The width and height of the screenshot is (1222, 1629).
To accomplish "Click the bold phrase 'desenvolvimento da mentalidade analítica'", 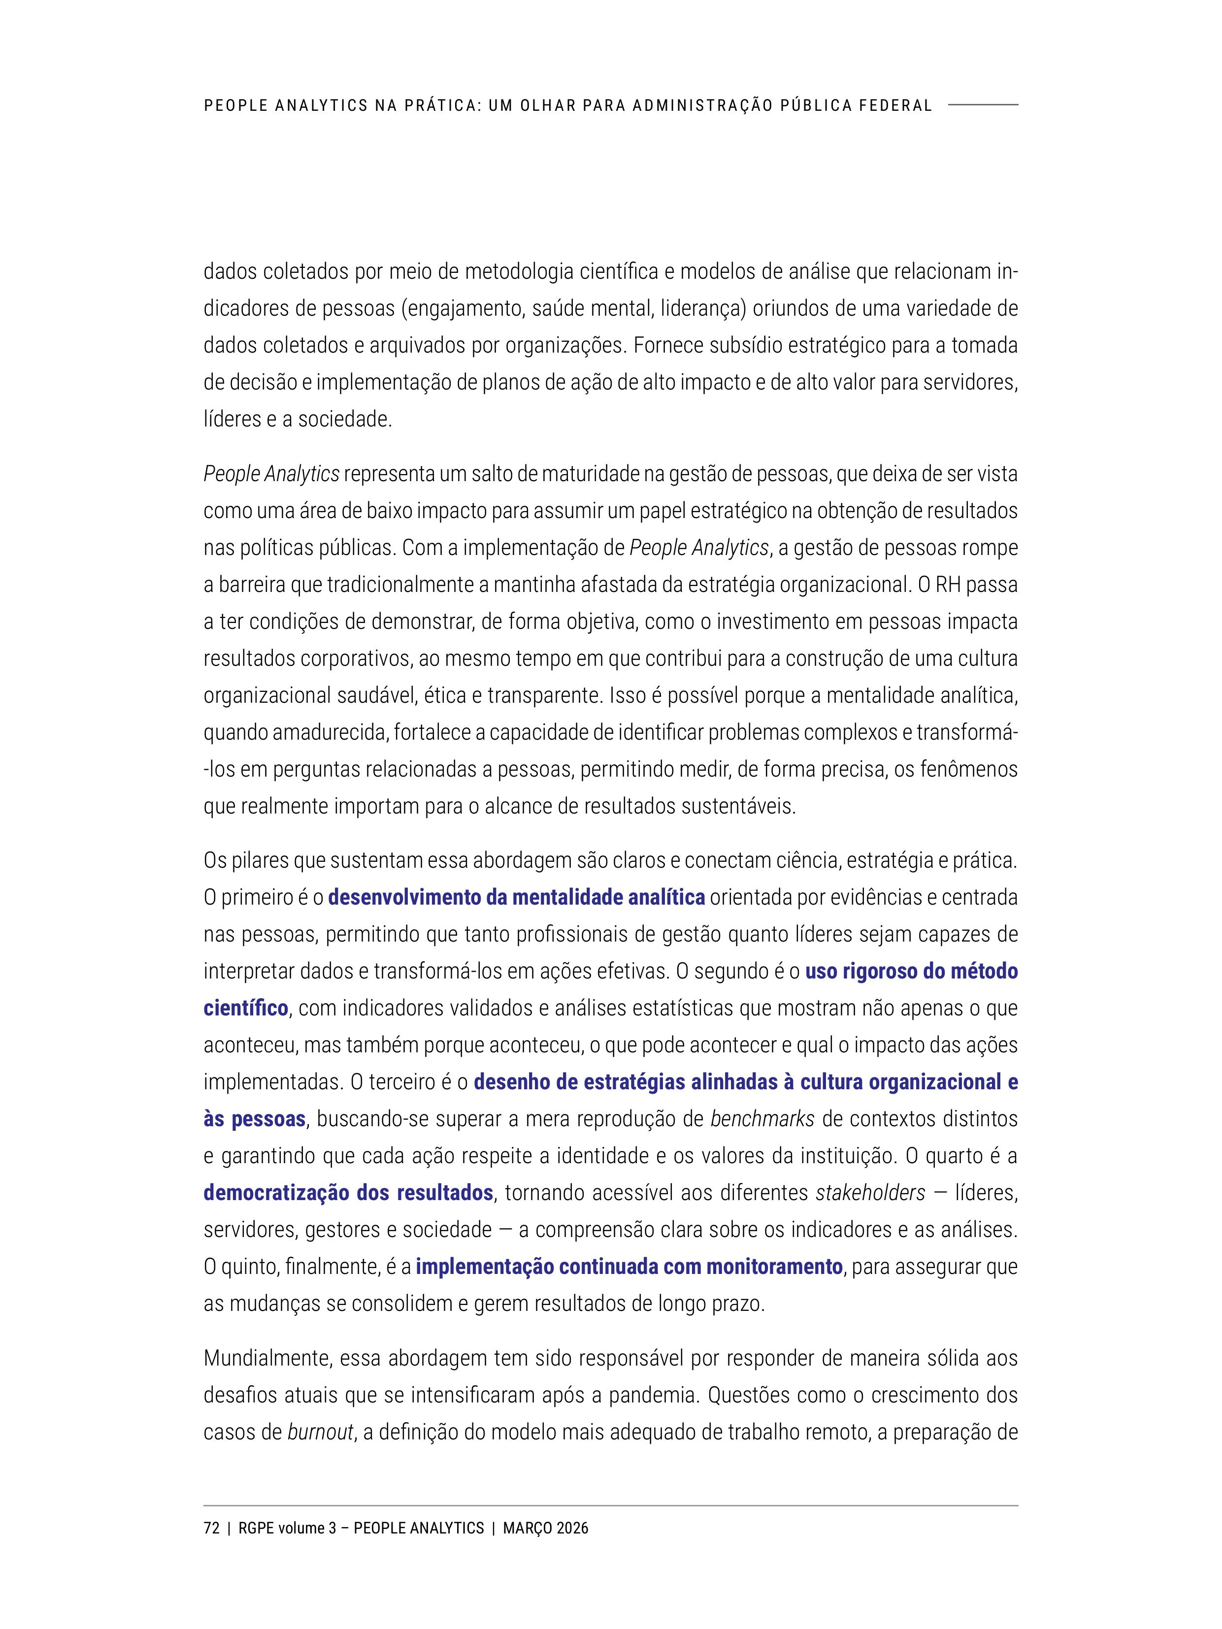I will [x=516, y=898].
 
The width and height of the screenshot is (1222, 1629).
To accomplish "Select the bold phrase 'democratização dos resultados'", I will [x=348, y=1192].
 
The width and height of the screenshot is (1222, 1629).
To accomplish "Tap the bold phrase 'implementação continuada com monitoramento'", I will [x=629, y=1267].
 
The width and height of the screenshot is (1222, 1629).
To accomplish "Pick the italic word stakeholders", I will [x=870, y=1192].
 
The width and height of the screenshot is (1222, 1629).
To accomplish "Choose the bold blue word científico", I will [x=246, y=1008].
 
